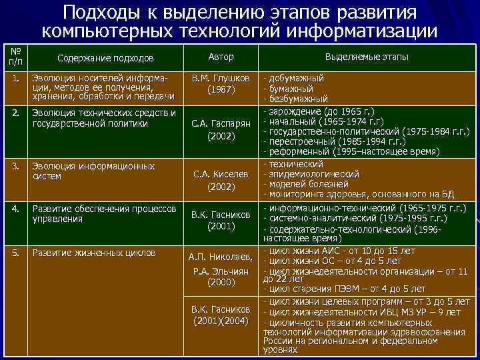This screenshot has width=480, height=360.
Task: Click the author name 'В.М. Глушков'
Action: click(x=220, y=78)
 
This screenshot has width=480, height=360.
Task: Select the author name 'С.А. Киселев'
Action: click(x=220, y=175)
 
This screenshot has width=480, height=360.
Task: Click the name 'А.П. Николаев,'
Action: click(x=220, y=257)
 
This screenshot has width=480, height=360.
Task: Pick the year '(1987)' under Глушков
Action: click(x=220, y=89)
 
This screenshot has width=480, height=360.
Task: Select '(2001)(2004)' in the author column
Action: click(x=220, y=321)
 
